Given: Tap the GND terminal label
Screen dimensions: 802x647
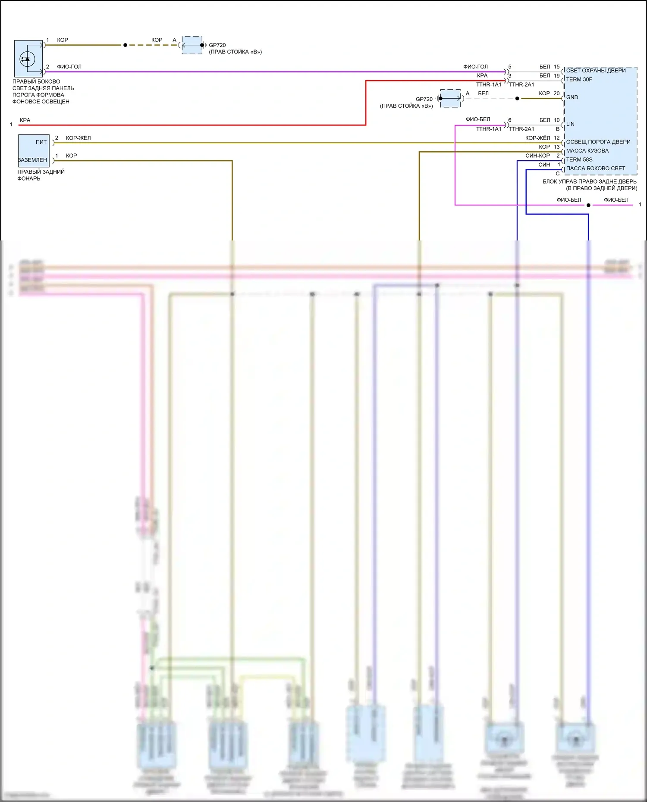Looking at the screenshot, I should tap(572, 97).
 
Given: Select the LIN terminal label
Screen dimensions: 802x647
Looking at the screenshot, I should tap(570, 124).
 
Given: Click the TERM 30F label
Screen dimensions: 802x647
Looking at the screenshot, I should tap(579, 80).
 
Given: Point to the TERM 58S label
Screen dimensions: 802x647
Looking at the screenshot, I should tap(579, 160).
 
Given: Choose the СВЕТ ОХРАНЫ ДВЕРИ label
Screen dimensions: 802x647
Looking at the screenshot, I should tap(596, 71).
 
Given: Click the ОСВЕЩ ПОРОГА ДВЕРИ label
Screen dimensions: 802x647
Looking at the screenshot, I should tap(598, 142).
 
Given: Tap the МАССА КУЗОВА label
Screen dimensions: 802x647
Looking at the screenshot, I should tap(587, 151).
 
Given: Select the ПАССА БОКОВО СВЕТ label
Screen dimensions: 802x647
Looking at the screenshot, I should tap(595, 169).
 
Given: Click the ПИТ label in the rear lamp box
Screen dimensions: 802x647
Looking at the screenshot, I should tap(41, 142).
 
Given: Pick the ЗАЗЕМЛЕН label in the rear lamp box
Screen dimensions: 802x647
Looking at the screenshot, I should tap(33, 160).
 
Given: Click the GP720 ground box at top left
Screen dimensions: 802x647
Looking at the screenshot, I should tap(192, 45).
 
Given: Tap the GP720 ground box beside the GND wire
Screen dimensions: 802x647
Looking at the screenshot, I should tap(450, 98).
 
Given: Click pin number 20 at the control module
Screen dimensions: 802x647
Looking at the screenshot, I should tap(556, 94).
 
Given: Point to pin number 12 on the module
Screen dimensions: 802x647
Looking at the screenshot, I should tap(556, 138).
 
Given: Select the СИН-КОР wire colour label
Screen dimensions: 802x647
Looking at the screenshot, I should tap(537, 156).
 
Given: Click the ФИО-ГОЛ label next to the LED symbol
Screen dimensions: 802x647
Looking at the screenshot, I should tap(69, 67).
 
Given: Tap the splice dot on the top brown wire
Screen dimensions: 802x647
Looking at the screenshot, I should tap(125, 45).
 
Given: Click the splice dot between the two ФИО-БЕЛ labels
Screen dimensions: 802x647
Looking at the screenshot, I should tap(588, 205).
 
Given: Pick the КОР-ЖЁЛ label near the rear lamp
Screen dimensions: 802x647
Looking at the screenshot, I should tap(78, 138).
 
